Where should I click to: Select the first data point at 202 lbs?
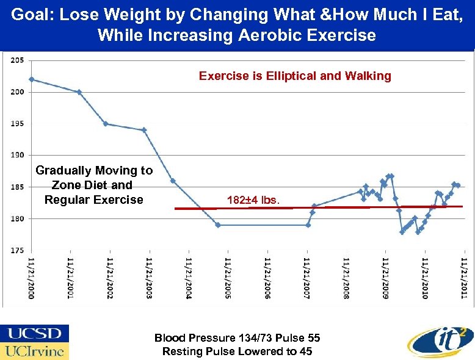pos(31,79)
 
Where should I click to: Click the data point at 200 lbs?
pos(79,92)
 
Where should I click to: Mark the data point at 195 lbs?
pos(106,124)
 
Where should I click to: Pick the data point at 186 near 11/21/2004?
pos(173,181)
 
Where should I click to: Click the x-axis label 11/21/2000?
pos(31,278)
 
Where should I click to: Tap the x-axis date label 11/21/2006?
pos(267,278)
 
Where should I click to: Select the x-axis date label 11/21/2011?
pos(464,278)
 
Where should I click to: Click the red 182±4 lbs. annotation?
pos(253,200)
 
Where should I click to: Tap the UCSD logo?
pos(35,334)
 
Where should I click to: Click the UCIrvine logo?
pos(35,351)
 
